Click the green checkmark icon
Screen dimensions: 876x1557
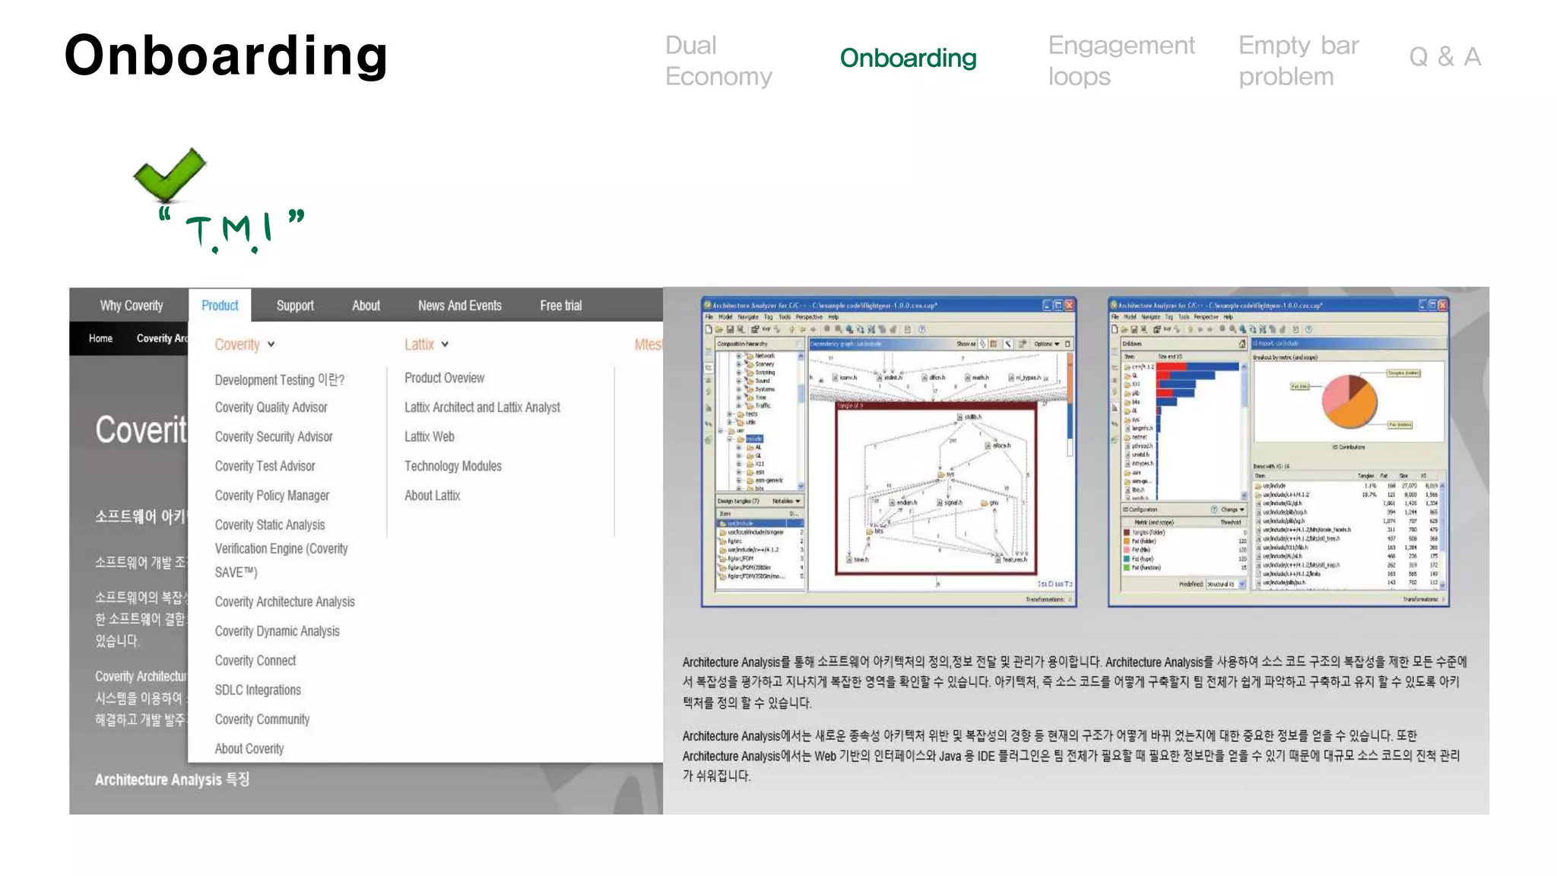tap(169, 174)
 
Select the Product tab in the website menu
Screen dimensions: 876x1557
tap(220, 306)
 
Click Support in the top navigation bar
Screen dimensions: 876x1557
tap(295, 306)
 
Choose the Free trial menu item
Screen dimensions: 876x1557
tap(560, 306)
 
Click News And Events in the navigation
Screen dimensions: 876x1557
tap(459, 306)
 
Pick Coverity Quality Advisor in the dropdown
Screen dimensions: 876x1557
tap(271, 408)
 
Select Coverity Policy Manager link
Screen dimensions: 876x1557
tap(271, 496)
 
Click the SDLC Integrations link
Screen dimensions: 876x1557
tap(258, 690)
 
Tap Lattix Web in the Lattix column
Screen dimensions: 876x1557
tap(429, 437)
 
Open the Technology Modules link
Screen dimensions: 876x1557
tap(452, 466)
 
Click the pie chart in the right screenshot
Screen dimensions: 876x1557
tap(1349, 401)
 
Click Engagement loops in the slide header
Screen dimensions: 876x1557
tap(1121, 61)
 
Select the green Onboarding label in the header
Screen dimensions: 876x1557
tap(908, 58)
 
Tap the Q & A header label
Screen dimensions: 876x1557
tap(1444, 57)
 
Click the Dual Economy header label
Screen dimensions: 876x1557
tap(718, 61)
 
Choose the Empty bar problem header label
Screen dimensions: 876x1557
tap(1298, 61)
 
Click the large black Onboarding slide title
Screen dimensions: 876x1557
tap(226, 56)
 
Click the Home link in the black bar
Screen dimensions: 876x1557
tap(100, 338)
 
